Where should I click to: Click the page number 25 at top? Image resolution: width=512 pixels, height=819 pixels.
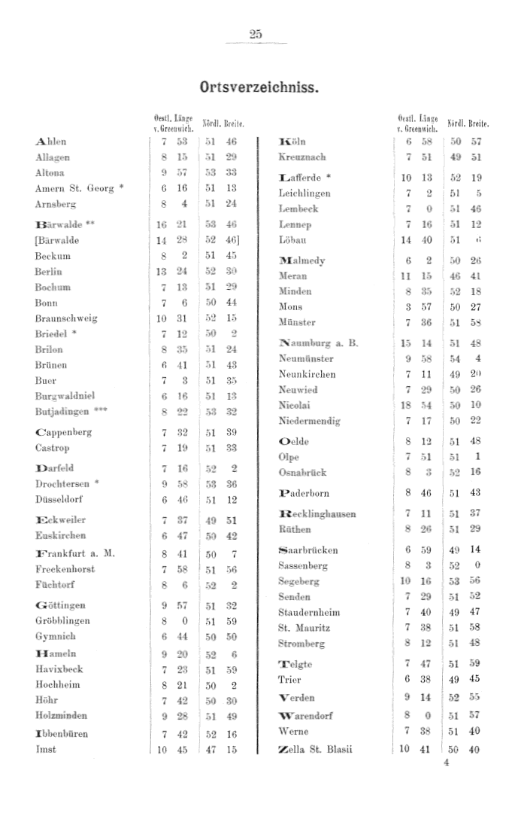coord(255,34)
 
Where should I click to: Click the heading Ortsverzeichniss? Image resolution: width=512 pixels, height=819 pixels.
coord(259,86)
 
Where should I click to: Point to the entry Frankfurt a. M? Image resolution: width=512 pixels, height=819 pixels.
coord(75,554)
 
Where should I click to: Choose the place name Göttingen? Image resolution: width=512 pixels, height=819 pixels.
coord(60,605)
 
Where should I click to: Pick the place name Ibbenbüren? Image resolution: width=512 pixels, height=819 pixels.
coord(62,733)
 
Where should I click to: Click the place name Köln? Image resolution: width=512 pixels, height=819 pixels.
coord(292,142)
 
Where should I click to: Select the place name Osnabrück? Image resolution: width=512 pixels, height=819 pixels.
coord(302,472)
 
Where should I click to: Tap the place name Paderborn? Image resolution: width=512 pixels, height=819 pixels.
coord(304,494)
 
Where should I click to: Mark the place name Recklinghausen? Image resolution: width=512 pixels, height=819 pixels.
coord(317,514)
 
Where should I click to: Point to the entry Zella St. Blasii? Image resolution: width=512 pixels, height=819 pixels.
coord(315,749)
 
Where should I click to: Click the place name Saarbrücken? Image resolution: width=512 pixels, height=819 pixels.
coord(308,550)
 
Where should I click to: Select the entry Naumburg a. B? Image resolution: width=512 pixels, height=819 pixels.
coord(318,343)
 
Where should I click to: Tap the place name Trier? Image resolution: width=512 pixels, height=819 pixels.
coord(289,680)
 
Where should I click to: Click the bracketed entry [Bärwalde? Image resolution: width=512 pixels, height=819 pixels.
coord(56,241)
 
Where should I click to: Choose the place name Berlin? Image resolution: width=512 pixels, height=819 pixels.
coord(48,272)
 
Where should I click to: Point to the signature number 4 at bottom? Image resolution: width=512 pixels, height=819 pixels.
coord(446,762)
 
